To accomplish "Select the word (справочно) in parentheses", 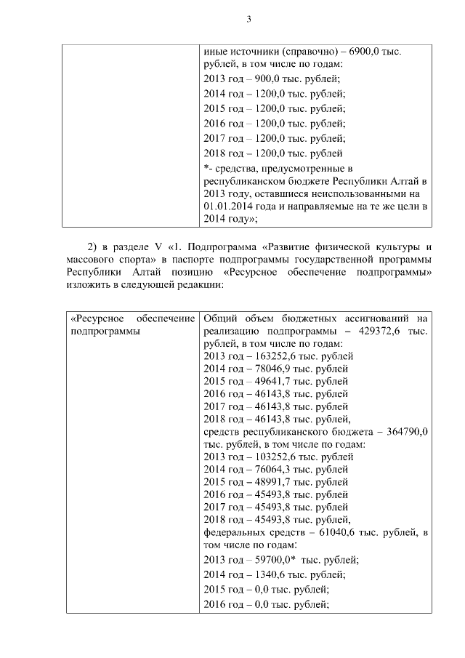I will pyautogui.click(x=299, y=52).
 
